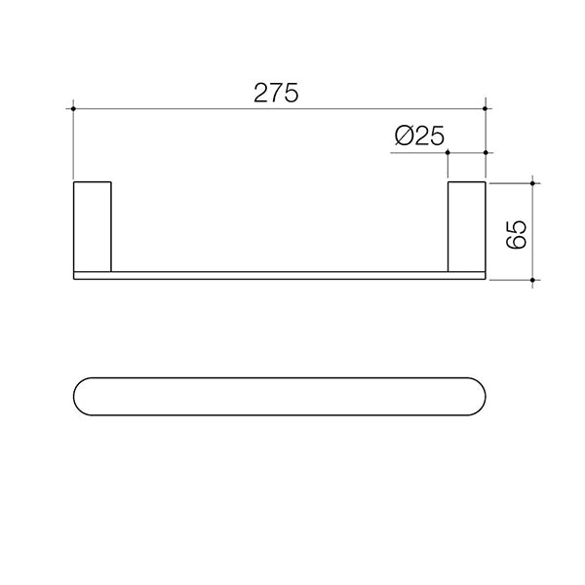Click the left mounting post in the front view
pos(94,225)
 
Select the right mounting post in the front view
pos(466,225)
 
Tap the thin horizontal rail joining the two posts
pos(280,275)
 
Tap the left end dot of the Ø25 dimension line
pos(447,152)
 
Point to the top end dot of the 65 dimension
pos(532,181)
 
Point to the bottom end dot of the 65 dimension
pos(532,280)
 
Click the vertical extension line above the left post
pos(74,146)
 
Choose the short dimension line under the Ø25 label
pos(466,152)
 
